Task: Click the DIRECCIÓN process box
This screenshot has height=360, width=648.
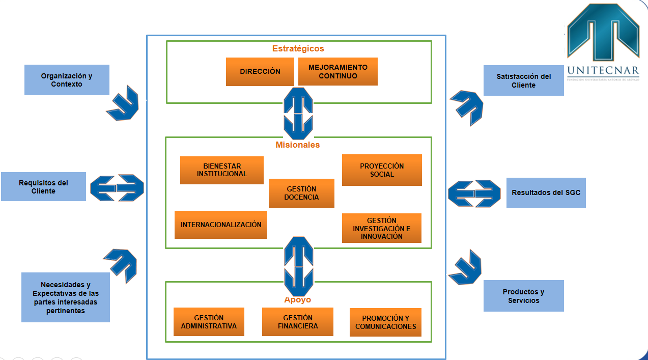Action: (x=260, y=71)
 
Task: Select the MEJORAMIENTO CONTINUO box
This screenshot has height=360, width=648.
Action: (x=337, y=71)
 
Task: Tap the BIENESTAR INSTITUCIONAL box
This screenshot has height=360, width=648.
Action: (x=221, y=170)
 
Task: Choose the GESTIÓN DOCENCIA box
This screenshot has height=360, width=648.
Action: (x=301, y=193)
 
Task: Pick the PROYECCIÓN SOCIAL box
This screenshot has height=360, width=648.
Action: (x=382, y=170)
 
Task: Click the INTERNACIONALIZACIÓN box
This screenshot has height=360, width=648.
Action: (x=221, y=225)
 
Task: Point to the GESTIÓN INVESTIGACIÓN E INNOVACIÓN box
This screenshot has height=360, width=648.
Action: (x=381, y=228)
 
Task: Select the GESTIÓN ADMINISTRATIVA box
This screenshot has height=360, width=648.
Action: (x=209, y=322)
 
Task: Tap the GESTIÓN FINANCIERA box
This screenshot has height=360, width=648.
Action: (x=297, y=322)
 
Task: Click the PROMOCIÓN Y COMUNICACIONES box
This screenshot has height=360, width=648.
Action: (x=385, y=322)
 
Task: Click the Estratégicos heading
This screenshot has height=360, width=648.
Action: (x=298, y=49)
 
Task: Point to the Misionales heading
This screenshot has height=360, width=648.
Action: (x=298, y=145)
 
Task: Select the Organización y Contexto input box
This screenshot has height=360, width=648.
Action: (x=67, y=80)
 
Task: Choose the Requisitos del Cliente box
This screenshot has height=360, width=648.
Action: (x=43, y=187)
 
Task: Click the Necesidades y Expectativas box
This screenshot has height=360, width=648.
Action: (x=66, y=297)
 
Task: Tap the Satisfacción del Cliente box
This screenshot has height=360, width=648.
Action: (x=523, y=80)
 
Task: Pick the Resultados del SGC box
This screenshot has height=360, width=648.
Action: (x=546, y=192)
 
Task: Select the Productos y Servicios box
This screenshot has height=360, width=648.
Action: (x=523, y=296)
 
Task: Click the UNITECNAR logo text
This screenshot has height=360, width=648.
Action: (x=603, y=70)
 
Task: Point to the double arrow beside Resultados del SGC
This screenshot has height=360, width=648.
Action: (x=474, y=193)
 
